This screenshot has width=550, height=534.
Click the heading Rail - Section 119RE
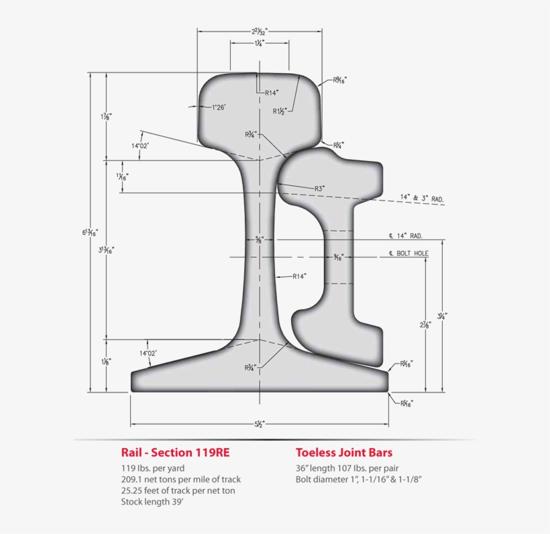coord(175,452)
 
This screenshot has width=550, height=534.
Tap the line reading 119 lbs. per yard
coord(152,468)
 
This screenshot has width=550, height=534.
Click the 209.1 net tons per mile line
coord(180,479)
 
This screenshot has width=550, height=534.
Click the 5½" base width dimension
coord(260,424)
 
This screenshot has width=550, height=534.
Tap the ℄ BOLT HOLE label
coord(408,254)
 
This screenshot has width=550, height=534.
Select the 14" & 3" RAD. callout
coord(422,199)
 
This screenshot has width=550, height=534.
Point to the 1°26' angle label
coord(219,107)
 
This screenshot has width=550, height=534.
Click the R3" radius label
coord(319,189)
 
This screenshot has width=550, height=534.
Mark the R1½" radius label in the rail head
coord(280,111)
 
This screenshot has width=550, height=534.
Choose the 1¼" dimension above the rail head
coord(259,42)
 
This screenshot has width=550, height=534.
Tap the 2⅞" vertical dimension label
coord(425,325)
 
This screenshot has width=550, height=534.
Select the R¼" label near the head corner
coord(339,144)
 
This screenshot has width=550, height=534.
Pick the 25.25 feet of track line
coord(178,490)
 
